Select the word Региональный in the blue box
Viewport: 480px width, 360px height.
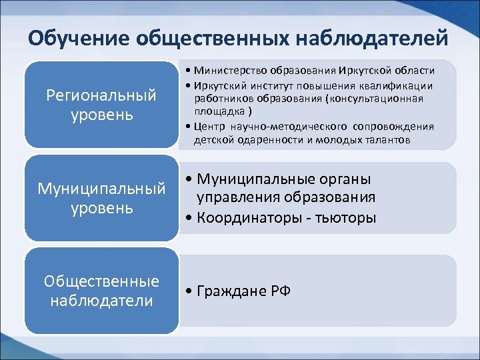pos(101,95)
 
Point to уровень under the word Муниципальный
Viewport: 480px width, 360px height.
pos(101,208)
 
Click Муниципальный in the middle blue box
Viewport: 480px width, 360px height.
pos(101,189)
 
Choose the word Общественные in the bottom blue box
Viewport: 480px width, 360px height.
pos(101,281)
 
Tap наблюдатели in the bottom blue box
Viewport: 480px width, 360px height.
pos(101,301)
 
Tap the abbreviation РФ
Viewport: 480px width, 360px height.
pos(280,292)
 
